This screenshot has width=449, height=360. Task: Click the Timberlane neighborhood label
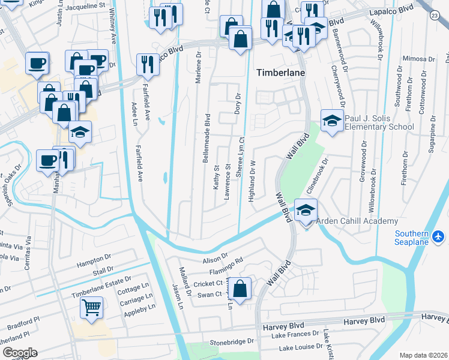[281, 72]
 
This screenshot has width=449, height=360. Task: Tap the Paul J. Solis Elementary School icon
[332, 121]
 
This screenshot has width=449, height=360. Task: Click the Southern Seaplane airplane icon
[438, 236]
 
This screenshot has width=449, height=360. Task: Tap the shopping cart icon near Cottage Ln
[91, 307]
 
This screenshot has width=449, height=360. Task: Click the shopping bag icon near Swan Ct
[240, 289]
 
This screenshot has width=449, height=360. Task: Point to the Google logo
[19, 352]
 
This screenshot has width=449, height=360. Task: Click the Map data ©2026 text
[423, 355]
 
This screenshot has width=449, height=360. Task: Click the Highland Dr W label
[253, 179]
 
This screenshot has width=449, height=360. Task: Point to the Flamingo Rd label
[231, 265]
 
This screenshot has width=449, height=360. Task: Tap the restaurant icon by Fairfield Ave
[146, 64]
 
